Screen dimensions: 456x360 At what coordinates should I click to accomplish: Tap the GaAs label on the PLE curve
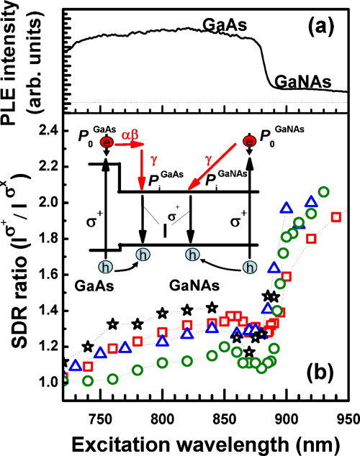(225, 26)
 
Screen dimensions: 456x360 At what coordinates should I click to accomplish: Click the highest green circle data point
(323, 192)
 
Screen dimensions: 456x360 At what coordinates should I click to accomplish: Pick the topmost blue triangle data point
(311, 201)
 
